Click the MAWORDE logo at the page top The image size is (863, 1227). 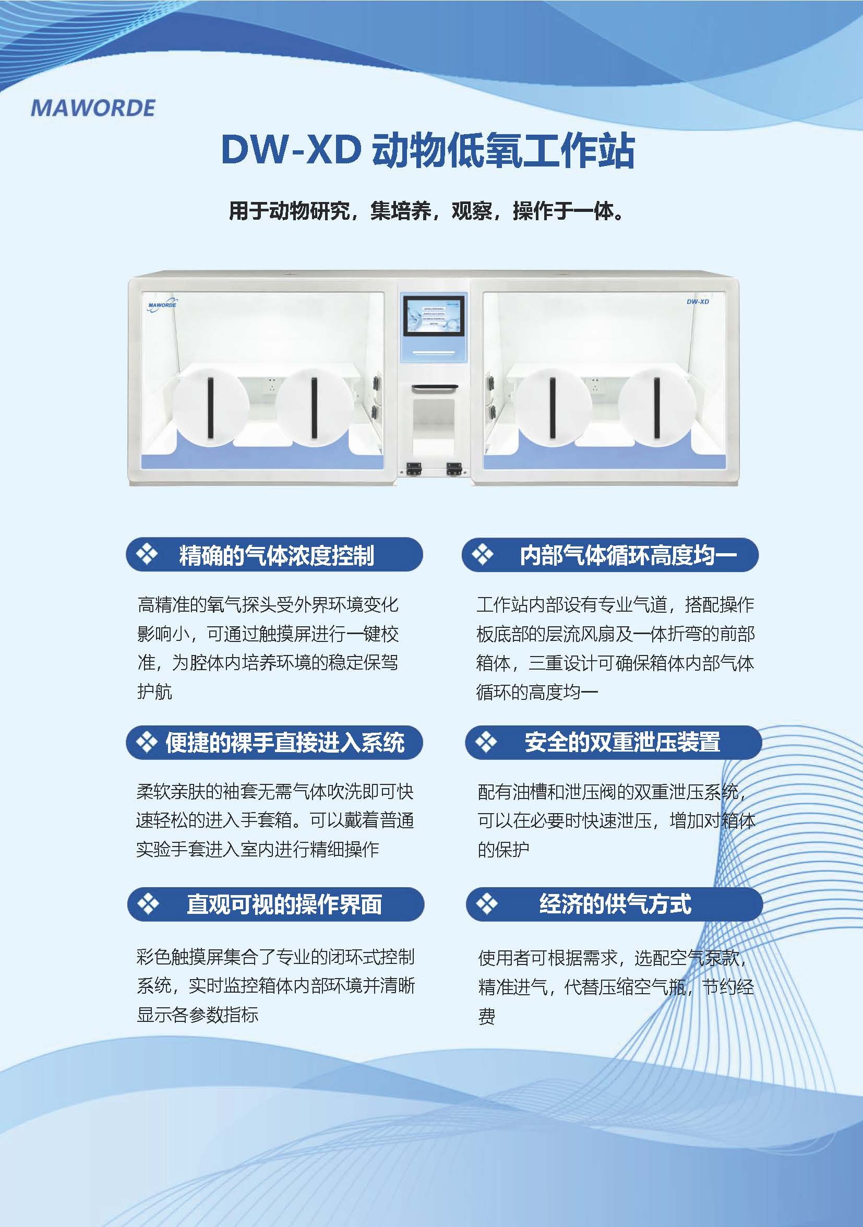pyautogui.click(x=93, y=108)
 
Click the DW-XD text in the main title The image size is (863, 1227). pyautogui.click(x=291, y=150)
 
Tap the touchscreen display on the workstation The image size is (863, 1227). pyautogui.click(x=434, y=316)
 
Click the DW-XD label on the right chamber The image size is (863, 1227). pyautogui.click(x=698, y=302)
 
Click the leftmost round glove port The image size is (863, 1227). pyautogui.click(x=211, y=407)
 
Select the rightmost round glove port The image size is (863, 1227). pyautogui.click(x=657, y=407)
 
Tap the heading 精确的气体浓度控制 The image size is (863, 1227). pyautogui.click(x=276, y=555)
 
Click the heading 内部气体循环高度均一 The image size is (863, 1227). pyautogui.click(x=628, y=555)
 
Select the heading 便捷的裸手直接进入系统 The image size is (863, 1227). pyautogui.click(x=285, y=742)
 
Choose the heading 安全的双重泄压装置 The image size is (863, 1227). pyautogui.click(x=622, y=742)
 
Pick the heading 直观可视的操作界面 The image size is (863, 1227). pyautogui.click(x=284, y=904)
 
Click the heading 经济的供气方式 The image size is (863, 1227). pyautogui.click(x=615, y=904)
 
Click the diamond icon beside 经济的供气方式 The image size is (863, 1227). pyautogui.click(x=487, y=904)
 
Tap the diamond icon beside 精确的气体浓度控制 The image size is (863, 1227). pyautogui.click(x=147, y=554)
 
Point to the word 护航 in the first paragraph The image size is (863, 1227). pyautogui.click(x=155, y=692)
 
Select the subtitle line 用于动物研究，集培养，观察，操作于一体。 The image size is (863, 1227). pyautogui.click(x=426, y=210)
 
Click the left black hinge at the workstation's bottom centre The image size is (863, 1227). pyautogui.click(x=414, y=469)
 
